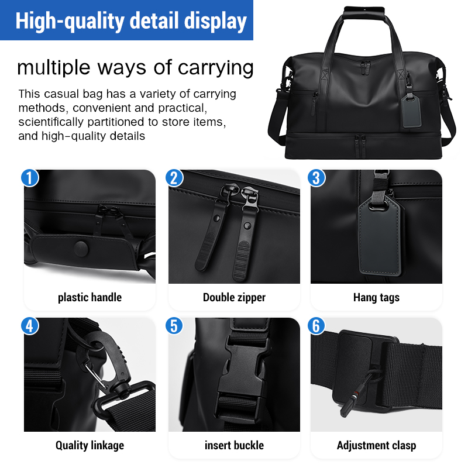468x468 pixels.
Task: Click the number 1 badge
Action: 30,178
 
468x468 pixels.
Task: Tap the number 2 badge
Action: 174,178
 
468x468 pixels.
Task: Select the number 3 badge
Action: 316,178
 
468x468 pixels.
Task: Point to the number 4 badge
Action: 30,326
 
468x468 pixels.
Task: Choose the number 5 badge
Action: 174,326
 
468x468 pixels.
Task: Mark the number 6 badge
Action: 316,326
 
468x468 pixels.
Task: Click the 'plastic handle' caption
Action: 90,298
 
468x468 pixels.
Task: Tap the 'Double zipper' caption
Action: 235,298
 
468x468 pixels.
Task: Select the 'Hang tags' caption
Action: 376,298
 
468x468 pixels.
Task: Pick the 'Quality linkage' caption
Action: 90,445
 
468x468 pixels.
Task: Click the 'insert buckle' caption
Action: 235,445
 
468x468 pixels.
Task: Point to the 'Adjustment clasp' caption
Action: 376,445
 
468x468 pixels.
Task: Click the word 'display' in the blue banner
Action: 215,22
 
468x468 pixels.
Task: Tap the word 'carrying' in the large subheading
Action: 215,68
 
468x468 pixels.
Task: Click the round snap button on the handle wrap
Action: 81,249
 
